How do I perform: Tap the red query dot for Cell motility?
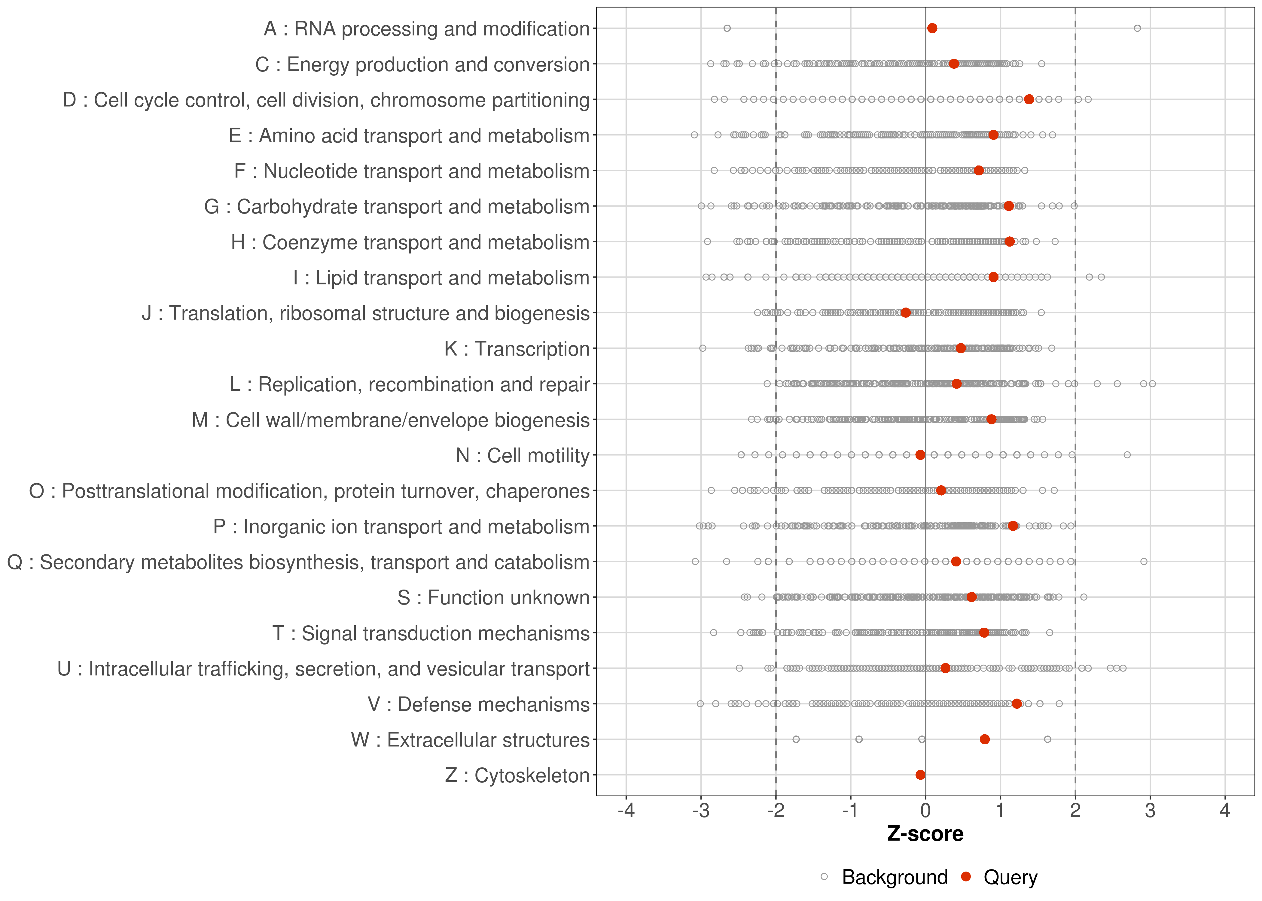point(920,455)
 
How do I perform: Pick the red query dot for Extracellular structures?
point(985,739)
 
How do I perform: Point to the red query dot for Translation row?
point(906,313)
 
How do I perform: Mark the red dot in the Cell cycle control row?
point(1029,99)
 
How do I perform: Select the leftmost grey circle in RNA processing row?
point(727,28)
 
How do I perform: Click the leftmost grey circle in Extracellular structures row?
point(796,739)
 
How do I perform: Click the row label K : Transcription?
point(517,349)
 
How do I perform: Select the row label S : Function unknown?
point(493,598)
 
